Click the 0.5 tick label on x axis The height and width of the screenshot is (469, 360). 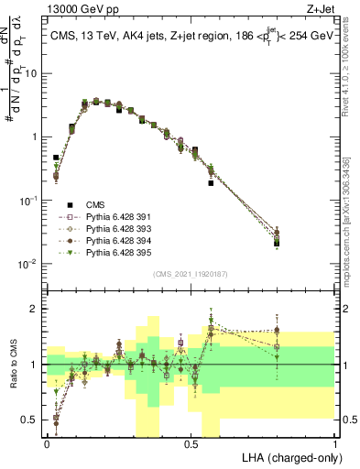pos(191,443)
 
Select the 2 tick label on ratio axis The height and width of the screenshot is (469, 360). pos(36,309)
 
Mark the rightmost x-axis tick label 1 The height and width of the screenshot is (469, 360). pos(335,443)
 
